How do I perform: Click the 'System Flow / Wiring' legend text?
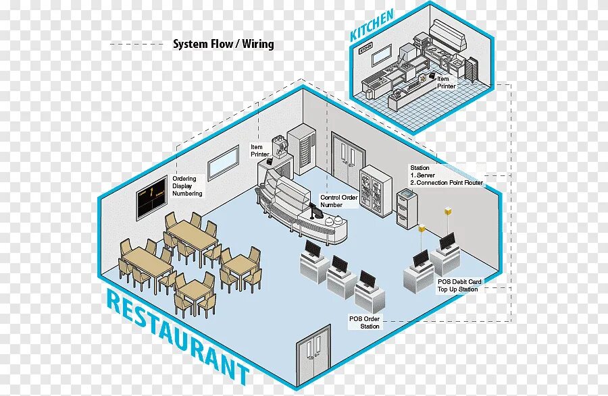[x=223, y=45]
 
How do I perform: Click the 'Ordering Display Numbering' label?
[x=187, y=186]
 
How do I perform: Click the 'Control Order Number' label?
[x=338, y=201]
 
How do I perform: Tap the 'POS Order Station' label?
[x=364, y=322]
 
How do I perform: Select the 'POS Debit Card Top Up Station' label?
[x=459, y=285]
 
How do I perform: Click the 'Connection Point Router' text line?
[x=449, y=183]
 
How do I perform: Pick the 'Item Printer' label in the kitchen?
[x=446, y=82]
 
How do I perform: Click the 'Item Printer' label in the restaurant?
[x=259, y=150]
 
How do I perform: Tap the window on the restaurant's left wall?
[x=222, y=163]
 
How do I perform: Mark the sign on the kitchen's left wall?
[x=365, y=49]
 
